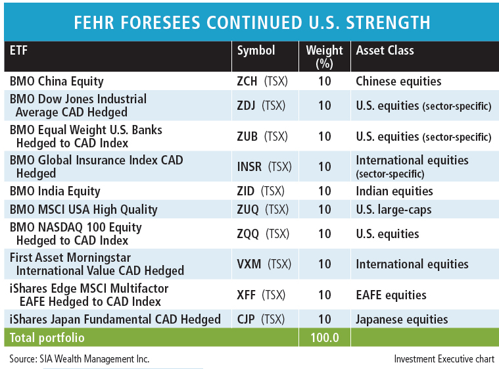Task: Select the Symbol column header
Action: click(x=256, y=51)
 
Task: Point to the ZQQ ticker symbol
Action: click(x=249, y=234)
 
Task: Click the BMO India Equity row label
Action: click(x=55, y=191)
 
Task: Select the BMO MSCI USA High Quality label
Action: click(x=83, y=210)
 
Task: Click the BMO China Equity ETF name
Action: click(x=57, y=82)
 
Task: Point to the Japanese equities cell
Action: click(x=402, y=320)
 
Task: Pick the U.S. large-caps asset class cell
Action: click(x=394, y=210)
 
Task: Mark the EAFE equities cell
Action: click(x=391, y=295)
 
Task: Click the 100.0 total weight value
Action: click(x=324, y=338)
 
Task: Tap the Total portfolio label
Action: click(x=47, y=338)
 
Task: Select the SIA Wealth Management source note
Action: click(x=80, y=359)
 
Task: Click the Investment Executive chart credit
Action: click(x=444, y=359)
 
